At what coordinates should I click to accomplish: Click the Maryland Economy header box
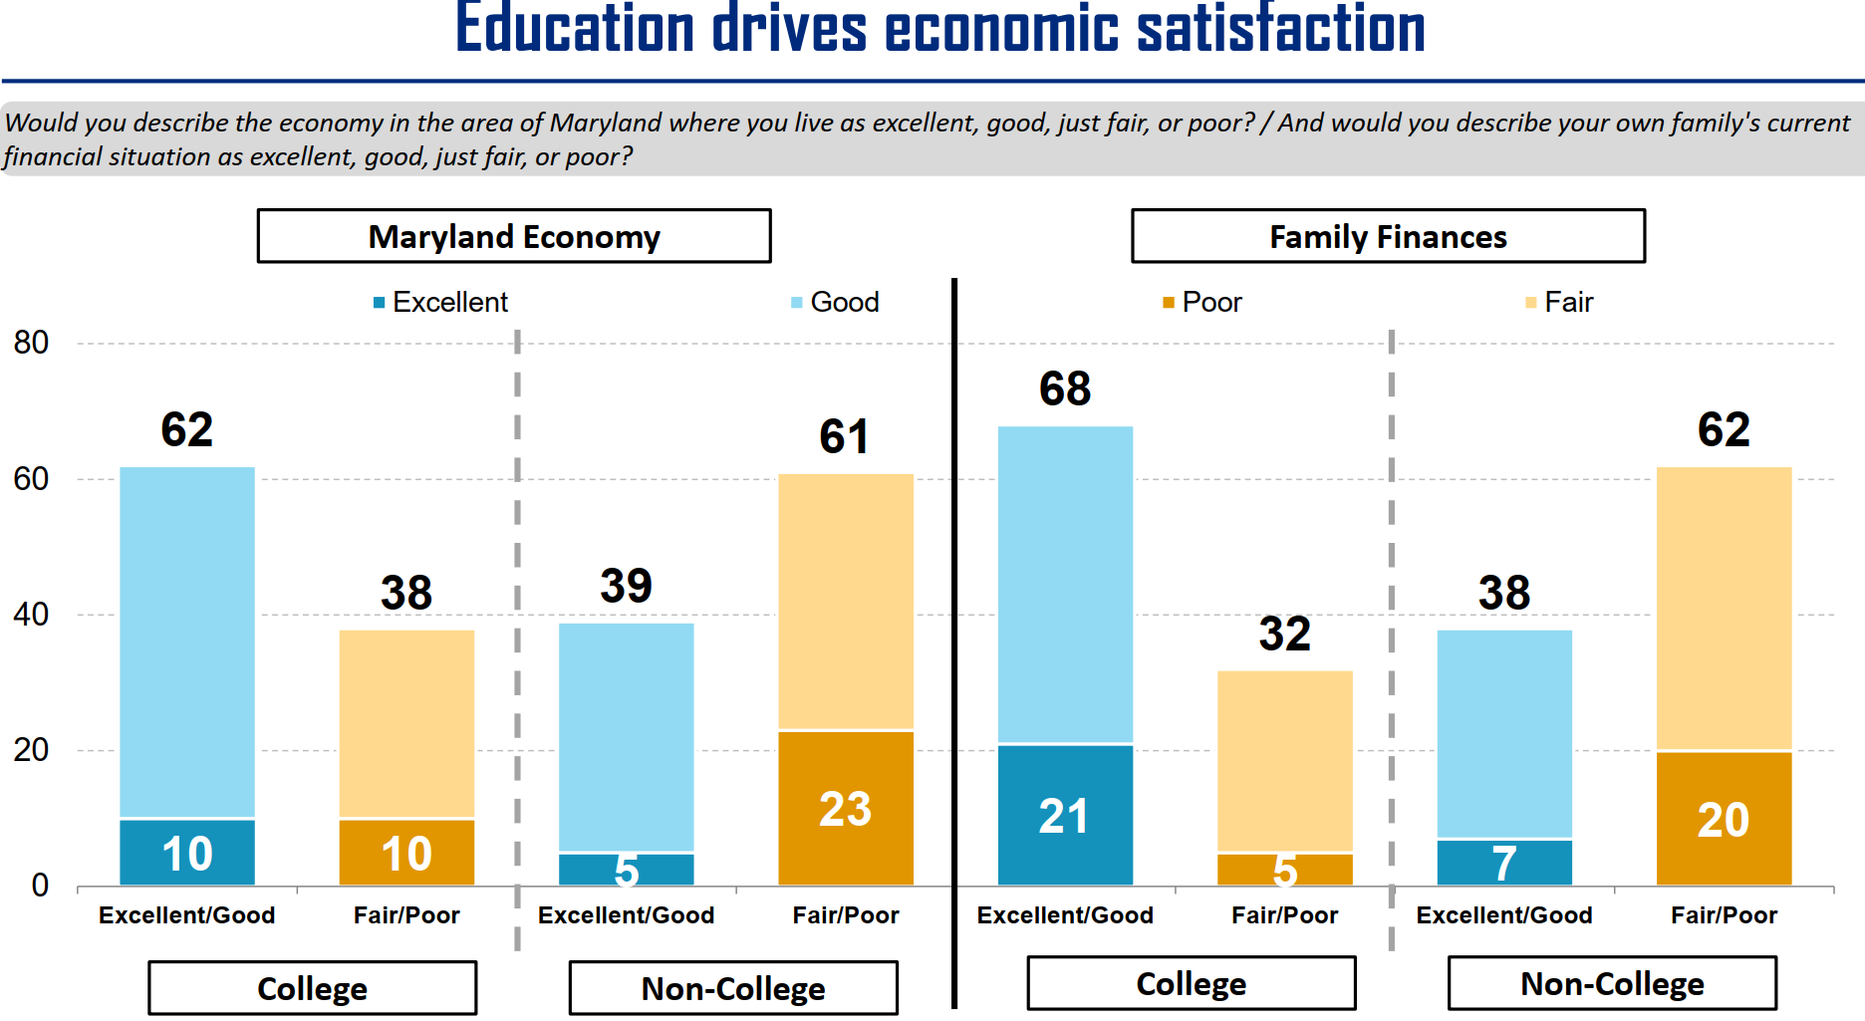pyautogui.click(x=514, y=236)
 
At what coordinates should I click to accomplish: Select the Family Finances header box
pyautogui.click(x=1388, y=236)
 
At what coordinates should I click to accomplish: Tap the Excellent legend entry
pyautogui.click(x=440, y=302)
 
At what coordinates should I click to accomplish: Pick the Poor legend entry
pyautogui.click(x=1201, y=302)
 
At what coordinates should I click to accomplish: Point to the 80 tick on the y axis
pyautogui.click(x=31, y=343)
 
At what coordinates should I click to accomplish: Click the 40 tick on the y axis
pyautogui.click(x=31, y=614)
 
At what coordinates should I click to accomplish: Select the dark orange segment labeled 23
pyautogui.click(x=845, y=808)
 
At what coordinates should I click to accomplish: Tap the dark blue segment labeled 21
pyautogui.click(x=1065, y=815)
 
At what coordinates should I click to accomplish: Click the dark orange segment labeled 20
pyautogui.click(x=1724, y=819)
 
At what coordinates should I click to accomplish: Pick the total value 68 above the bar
pyautogui.click(x=1065, y=388)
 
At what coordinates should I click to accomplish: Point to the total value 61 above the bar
pyautogui.click(x=844, y=436)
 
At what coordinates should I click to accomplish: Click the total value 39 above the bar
pyautogui.click(x=626, y=586)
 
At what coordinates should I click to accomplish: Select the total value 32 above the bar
pyautogui.click(x=1284, y=634)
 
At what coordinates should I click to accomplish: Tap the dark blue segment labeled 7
pyautogui.click(x=1504, y=863)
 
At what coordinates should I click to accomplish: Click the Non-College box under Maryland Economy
pyautogui.click(x=733, y=988)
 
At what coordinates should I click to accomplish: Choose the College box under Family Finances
pyautogui.click(x=1191, y=983)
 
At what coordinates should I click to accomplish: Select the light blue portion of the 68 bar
pyautogui.click(x=1065, y=584)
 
